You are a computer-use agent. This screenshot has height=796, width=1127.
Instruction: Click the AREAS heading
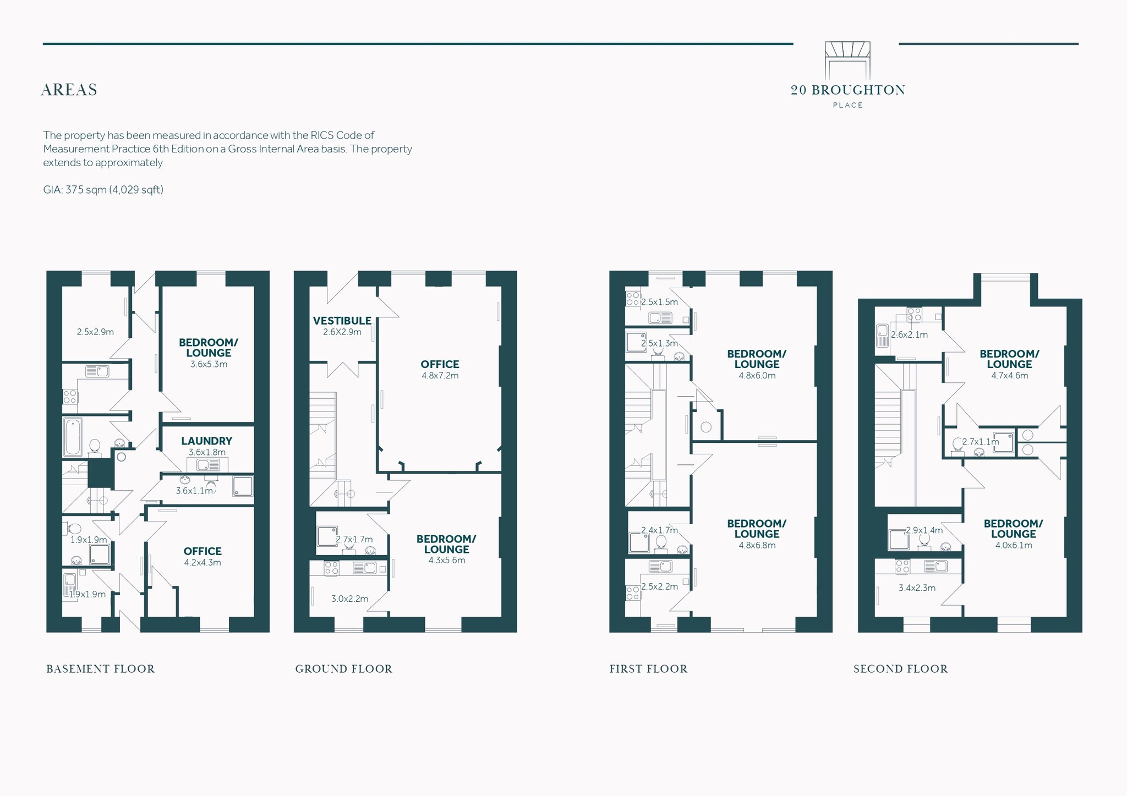click(69, 90)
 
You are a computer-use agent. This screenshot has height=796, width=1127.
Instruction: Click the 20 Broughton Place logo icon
click(847, 61)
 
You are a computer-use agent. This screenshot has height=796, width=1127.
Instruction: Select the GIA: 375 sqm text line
click(103, 190)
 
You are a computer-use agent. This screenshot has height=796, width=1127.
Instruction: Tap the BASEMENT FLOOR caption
click(101, 669)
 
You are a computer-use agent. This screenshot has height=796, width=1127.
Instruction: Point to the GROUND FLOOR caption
click(344, 669)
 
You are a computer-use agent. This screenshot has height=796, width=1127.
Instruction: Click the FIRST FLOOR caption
click(648, 669)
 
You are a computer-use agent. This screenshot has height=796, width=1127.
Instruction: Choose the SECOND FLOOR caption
click(901, 669)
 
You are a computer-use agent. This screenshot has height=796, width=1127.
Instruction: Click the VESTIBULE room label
click(342, 321)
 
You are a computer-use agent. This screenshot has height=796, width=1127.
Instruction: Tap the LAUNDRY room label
click(207, 441)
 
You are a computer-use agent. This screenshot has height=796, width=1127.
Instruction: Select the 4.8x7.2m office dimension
click(440, 376)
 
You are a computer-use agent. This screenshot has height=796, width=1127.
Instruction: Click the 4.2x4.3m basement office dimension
click(203, 562)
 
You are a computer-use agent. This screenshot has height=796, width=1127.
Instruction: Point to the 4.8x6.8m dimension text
click(757, 545)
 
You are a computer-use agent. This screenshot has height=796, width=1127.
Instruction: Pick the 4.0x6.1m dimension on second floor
click(1014, 545)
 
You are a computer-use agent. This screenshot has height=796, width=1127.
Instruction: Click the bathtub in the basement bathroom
click(73, 437)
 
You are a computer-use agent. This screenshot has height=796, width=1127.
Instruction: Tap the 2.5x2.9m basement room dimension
click(95, 332)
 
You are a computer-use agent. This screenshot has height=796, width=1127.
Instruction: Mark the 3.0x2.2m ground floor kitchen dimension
click(350, 599)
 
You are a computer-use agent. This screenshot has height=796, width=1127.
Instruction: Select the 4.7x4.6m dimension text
click(1010, 376)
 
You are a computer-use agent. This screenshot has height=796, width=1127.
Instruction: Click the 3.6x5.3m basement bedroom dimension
click(209, 364)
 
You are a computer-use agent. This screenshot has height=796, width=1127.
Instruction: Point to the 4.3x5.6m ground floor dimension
click(447, 560)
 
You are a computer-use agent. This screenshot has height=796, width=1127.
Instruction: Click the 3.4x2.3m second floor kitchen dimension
click(917, 588)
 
